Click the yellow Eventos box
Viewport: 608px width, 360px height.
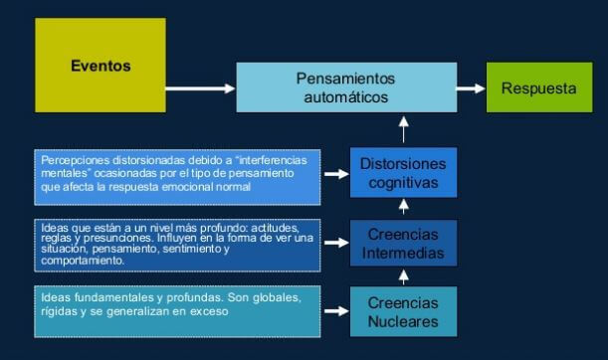101,66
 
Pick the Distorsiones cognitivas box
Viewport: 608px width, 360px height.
403,172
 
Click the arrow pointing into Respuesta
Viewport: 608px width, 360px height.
467,88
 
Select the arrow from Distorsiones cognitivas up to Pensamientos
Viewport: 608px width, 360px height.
403,129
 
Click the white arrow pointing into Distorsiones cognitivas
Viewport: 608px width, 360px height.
336,173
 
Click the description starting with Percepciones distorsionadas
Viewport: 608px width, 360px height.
176,172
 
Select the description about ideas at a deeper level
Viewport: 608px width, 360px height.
176,244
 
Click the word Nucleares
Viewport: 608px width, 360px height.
403,322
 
